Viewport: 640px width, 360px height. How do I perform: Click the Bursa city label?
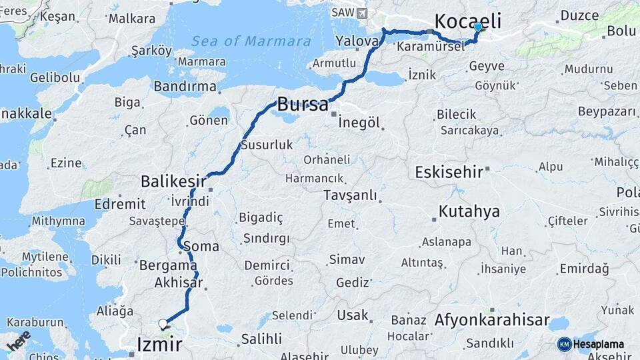[x=303, y=105]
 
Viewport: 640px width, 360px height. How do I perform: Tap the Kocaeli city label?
[x=467, y=20]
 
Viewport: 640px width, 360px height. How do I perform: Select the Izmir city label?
[x=159, y=344]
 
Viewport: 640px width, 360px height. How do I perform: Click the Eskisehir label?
[x=449, y=172]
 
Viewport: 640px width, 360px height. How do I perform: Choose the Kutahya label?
[x=469, y=212]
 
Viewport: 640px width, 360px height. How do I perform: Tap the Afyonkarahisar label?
[x=492, y=320]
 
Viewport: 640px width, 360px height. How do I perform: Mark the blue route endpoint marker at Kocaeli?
[x=478, y=27]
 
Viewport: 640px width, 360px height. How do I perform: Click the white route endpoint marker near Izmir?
[x=163, y=324]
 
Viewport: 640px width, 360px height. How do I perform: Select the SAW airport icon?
[x=362, y=13]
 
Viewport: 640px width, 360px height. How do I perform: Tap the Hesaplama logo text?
[x=599, y=344]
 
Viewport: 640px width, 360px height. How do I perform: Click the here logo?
[x=19, y=341]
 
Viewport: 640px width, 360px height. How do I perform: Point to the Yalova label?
[x=357, y=41]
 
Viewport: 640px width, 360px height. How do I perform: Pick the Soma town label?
[x=205, y=246]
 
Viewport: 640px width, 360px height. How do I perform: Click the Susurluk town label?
[x=266, y=144]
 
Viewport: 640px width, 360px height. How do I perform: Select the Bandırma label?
[x=185, y=87]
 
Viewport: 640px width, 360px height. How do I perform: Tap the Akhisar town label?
[x=178, y=283]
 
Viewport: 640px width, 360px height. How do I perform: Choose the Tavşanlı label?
[x=350, y=195]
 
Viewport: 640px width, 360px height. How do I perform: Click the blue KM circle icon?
[x=564, y=344]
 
